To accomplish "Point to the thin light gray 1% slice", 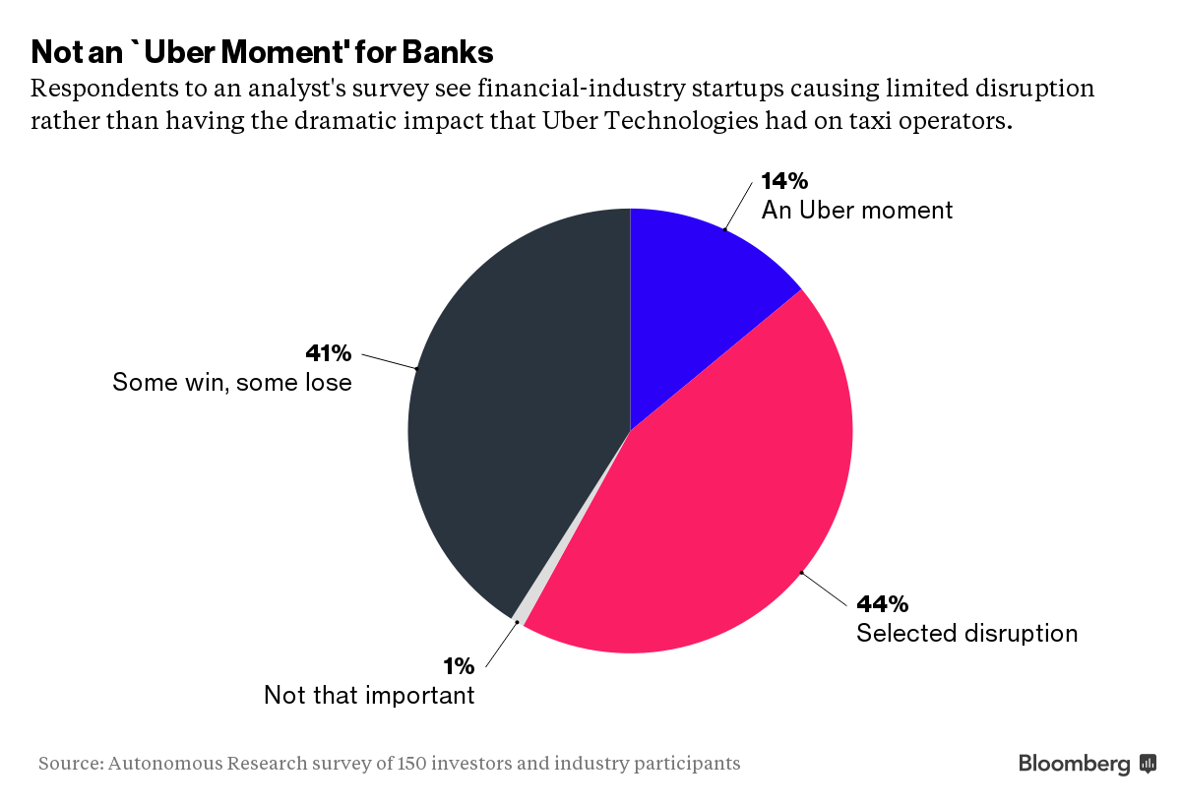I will coord(521,613).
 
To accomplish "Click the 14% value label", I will coord(784,181).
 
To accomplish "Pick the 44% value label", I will coord(882,603).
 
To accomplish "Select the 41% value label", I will coord(329,353).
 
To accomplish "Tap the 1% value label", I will coord(459,666).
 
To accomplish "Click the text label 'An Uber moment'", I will coord(857,210).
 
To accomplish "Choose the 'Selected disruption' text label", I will coord(966,633).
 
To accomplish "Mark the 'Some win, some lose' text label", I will coord(232,382).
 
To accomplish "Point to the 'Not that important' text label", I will coord(369,695).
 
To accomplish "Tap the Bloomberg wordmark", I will coord(1074,763).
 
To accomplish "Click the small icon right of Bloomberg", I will coord(1148,763).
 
